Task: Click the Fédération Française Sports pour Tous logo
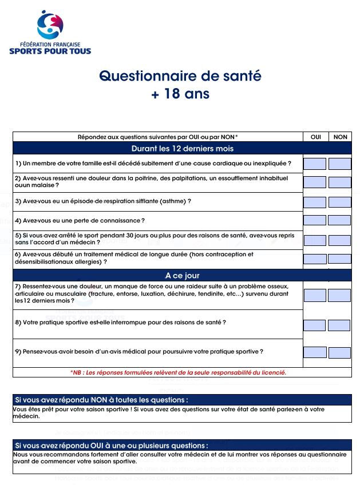coord(50,33)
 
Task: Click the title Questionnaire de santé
coord(180,76)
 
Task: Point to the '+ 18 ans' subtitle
coord(180,94)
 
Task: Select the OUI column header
coord(315,137)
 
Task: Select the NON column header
coord(340,137)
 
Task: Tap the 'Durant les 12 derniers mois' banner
coord(182,149)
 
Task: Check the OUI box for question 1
coord(315,164)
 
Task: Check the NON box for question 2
coord(340,182)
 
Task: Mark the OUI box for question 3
coord(315,202)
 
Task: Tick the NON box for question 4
coord(339,220)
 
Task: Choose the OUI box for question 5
coord(315,240)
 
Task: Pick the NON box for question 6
coord(340,259)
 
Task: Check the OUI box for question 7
coord(315,295)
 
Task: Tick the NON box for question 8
coord(339,325)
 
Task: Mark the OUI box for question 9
coord(315,352)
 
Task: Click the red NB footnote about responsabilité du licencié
coord(178,372)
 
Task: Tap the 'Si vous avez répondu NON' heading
coord(102,400)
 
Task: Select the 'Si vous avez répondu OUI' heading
coord(112,445)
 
